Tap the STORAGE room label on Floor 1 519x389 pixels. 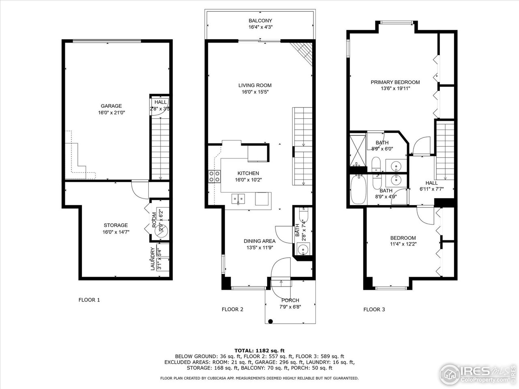116,225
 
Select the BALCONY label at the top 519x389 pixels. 260,21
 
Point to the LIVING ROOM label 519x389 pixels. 255,85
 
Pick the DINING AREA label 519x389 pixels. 259,241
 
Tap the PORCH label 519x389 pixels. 290,300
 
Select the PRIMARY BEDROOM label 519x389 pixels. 395,82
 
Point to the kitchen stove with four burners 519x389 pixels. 214,176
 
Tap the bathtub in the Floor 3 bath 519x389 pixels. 358,190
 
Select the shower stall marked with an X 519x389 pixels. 358,150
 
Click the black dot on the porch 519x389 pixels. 270,321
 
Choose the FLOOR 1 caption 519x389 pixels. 89,300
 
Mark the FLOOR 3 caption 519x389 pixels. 374,310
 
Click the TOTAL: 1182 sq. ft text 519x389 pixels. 259,350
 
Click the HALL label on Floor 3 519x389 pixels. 431,183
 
